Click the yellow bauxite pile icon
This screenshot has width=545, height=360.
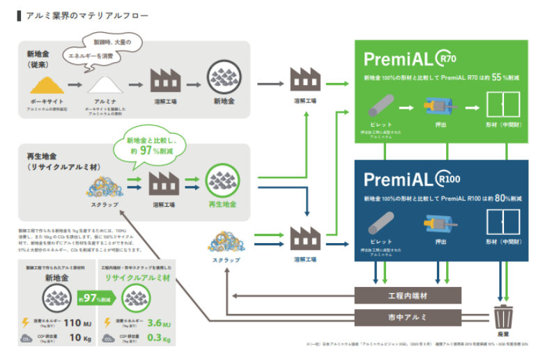(47, 86)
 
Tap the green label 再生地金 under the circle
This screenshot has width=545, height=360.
(223, 205)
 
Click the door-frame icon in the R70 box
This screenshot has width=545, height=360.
(496, 107)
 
